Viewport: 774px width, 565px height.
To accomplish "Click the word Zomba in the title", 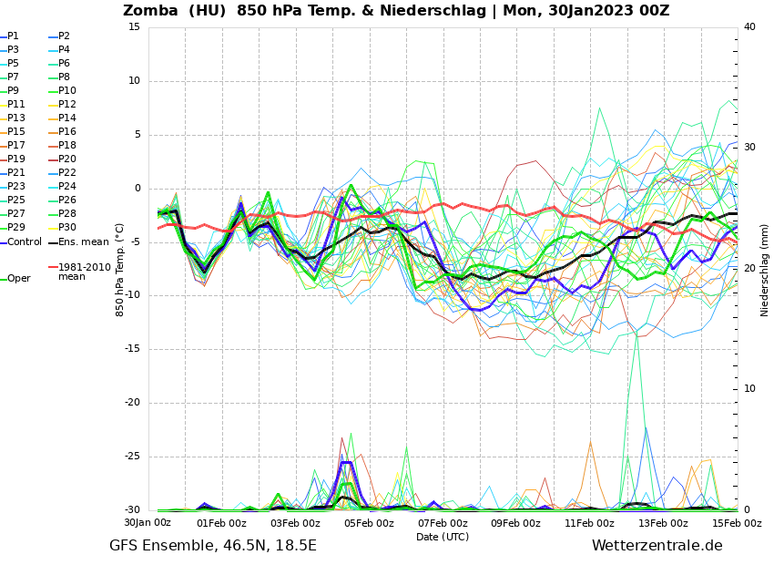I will click(x=151, y=11).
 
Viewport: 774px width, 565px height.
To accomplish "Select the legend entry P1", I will click(x=13, y=36).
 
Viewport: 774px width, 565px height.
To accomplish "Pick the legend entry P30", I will click(x=67, y=228).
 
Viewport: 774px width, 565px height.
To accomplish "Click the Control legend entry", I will click(x=25, y=241).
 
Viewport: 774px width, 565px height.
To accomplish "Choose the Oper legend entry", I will click(x=18, y=279).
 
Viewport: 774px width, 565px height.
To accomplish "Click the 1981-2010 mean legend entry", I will click(x=84, y=272).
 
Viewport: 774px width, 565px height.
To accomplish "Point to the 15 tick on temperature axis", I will click(x=134, y=26).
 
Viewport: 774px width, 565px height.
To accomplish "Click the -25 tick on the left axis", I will click(x=132, y=457).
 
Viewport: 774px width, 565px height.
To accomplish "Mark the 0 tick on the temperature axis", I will click(x=137, y=189).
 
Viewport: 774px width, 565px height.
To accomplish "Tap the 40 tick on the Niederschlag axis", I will click(x=749, y=26).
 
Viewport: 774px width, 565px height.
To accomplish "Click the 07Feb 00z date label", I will click(x=443, y=523).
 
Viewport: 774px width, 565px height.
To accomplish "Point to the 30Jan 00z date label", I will click(x=148, y=523).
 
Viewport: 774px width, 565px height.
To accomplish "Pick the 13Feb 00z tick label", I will click(x=663, y=523).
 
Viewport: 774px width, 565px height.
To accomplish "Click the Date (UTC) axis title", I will click(x=443, y=537).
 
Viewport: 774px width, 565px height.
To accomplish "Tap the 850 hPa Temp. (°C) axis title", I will click(x=120, y=269).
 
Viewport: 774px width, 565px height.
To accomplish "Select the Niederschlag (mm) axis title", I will click(x=765, y=269).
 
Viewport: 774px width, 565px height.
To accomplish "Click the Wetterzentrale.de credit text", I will click(x=657, y=546).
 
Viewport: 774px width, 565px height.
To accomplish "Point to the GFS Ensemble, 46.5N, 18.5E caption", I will click(x=213, y=546).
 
